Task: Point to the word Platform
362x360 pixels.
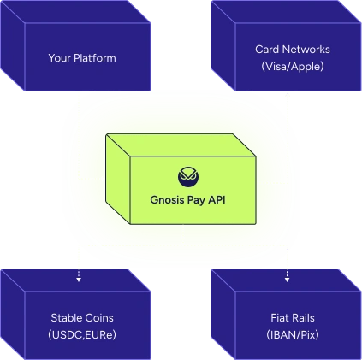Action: tap(95, 58)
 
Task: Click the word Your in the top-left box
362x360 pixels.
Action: tap(59, 58)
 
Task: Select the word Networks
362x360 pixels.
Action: tap(306, 50)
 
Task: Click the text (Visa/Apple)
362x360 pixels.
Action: tap(293, 67)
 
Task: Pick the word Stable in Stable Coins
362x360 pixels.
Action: tap(64, 317)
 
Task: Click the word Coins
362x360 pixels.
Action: tap(97, 317)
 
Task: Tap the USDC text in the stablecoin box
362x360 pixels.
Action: tap(66, 334)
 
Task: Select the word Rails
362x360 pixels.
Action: tap(302, 317)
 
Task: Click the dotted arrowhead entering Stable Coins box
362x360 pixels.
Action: tap(79, 280)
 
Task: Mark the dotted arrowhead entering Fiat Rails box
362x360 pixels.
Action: tap(288, 280)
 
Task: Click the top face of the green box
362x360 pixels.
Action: tap(181, 145)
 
